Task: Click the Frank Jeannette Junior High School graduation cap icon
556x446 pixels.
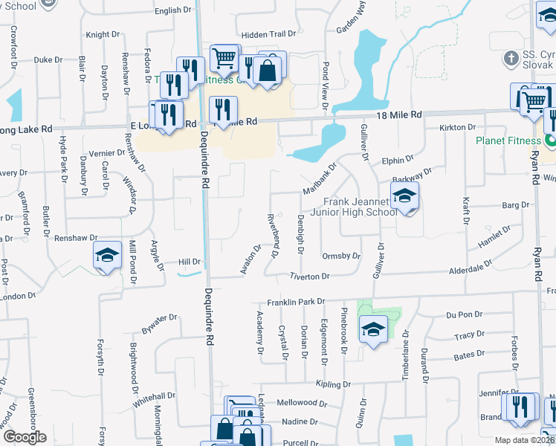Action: pos(404,197)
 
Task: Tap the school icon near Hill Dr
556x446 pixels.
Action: pos(107,256)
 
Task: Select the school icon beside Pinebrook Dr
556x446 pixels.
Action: pos(372,329)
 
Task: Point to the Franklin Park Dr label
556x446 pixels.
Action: pos(297,303)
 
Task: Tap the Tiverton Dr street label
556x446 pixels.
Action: pos(309,277)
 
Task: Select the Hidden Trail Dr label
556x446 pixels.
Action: pos(268,34)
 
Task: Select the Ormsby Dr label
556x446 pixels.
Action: pos(341,256)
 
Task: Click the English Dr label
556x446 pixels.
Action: pos(173,10)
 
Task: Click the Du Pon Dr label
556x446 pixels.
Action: pos(459,315)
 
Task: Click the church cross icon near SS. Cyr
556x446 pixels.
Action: pos(510,57)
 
